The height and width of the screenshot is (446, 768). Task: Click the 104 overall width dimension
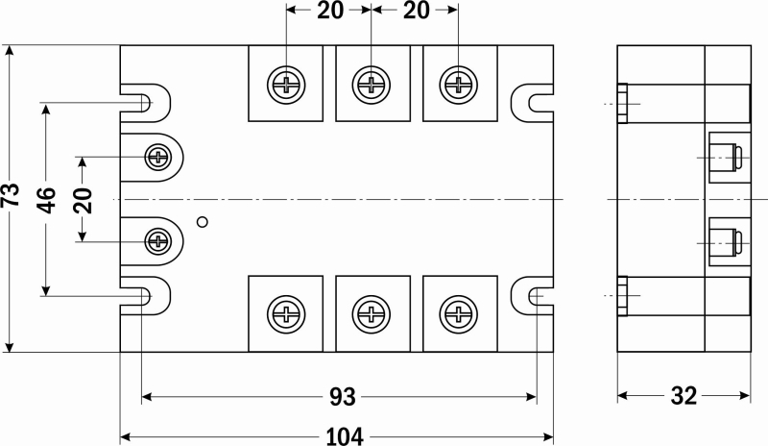coord(345,436)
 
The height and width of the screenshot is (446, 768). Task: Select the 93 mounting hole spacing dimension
coord(343,396)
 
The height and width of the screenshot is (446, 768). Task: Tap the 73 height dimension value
coord(11,195)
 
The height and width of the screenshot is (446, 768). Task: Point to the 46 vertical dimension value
coord(46,200)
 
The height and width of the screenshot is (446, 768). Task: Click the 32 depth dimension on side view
coord(684,395)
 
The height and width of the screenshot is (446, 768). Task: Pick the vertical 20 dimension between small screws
coord(83,200)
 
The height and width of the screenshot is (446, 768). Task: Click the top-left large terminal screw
coord(286,85)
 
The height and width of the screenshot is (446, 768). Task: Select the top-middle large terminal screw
coord(372,85)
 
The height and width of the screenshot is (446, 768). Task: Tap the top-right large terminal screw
coord(459,85)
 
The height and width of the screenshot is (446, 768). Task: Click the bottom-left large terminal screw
coord(286,314)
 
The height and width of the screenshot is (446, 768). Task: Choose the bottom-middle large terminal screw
coord(372,314)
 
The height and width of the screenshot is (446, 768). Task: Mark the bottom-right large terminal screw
coord(459,314)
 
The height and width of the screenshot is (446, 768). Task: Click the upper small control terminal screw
coord(158,158)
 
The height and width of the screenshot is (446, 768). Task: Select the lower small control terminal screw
coord(158,241)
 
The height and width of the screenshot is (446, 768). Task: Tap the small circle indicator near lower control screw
coord(203,222)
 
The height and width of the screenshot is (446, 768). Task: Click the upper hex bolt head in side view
coord(622,104)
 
